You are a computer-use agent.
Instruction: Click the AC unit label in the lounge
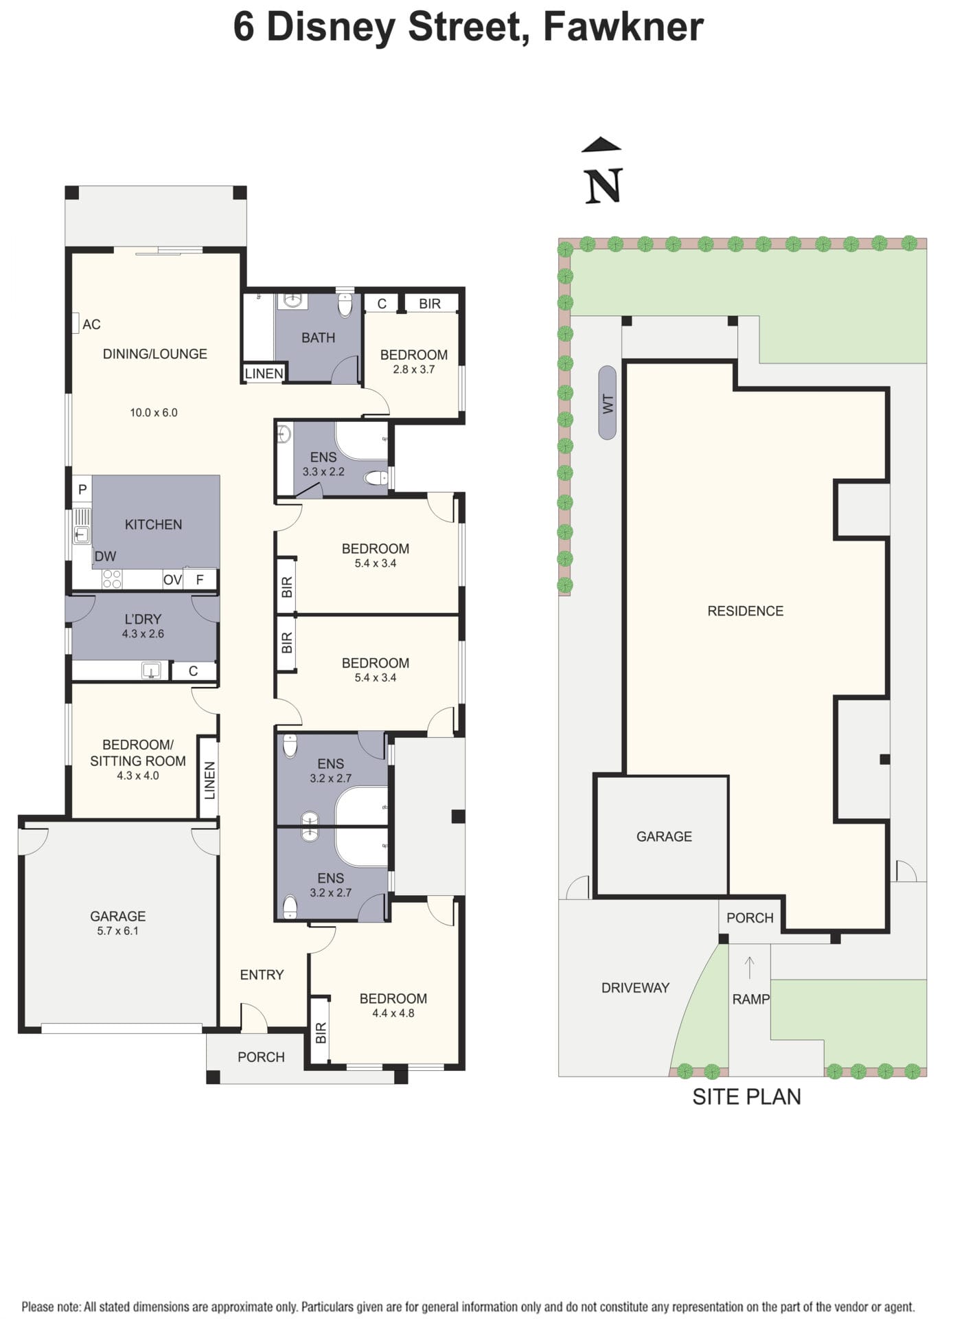pyautogui.click(x=91, y=324)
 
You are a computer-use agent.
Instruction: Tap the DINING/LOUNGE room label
pyautogui.click(x=154, y=354)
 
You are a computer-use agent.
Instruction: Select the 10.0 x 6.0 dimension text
pyautogui.click(x=154, y=412)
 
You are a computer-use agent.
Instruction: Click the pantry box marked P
pyautogui.click(x=82, y=489)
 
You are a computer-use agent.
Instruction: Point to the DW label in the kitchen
pyautogui.click(x=105, y=556)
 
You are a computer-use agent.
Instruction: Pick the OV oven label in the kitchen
pyautogui.click(x=172, y=580)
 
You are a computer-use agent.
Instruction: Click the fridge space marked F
pyautogui.click(x=200, y=580)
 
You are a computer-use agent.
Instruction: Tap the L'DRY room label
pyautogui.click(x=143, y=619)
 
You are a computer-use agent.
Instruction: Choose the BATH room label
pyautogui.click(x=318, y=337)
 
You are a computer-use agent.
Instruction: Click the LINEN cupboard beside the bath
pyautogui.click(x=264, y=373)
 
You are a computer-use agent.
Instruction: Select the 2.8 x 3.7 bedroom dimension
pyautogui.click(x=413, y=369)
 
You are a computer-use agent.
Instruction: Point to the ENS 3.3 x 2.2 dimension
pyautogui.click(x=323, y=471)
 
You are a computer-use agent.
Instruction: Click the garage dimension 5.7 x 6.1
pyautogui.click(x=117, y=931)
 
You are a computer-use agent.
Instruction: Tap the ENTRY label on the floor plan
pyautogui.click(x=262, y=974)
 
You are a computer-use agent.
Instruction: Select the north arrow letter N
pyautogui.click(x=604, y=185)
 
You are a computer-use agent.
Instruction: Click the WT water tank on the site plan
pyautogui.click(x=607, y=403)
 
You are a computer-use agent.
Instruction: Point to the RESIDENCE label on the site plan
pyautogui.click(x=745, y=611)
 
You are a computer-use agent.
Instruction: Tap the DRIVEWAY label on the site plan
pyautogui.click(x=635, y=988)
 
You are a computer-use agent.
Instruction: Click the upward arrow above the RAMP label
pyautogui.click(x=750, y=967)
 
